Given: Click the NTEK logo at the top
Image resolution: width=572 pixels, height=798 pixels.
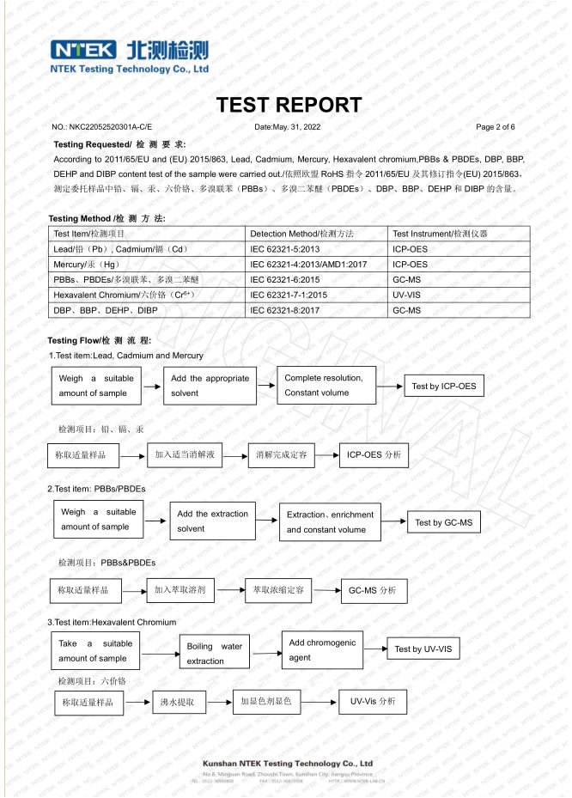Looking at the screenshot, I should point(129,55).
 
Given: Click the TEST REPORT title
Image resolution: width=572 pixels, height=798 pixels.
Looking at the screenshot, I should point(289,105).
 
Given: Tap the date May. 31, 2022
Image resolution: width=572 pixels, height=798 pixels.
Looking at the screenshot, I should point(288,127).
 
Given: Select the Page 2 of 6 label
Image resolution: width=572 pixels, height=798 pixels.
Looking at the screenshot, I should point(496,127).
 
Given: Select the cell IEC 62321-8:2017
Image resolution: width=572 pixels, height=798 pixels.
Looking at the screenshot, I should point(284,310).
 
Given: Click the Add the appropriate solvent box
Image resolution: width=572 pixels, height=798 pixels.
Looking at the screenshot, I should point(209,386).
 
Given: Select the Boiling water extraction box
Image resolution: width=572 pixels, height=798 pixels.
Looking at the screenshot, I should point(214,654).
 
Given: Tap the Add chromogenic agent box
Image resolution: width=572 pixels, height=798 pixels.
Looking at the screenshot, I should point(322,650).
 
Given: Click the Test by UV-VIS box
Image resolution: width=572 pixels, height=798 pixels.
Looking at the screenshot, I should point(423,649).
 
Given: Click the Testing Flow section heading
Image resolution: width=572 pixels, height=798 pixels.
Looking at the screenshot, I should point(100,341).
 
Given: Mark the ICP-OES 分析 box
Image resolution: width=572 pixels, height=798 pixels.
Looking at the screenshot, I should point(373,454).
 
